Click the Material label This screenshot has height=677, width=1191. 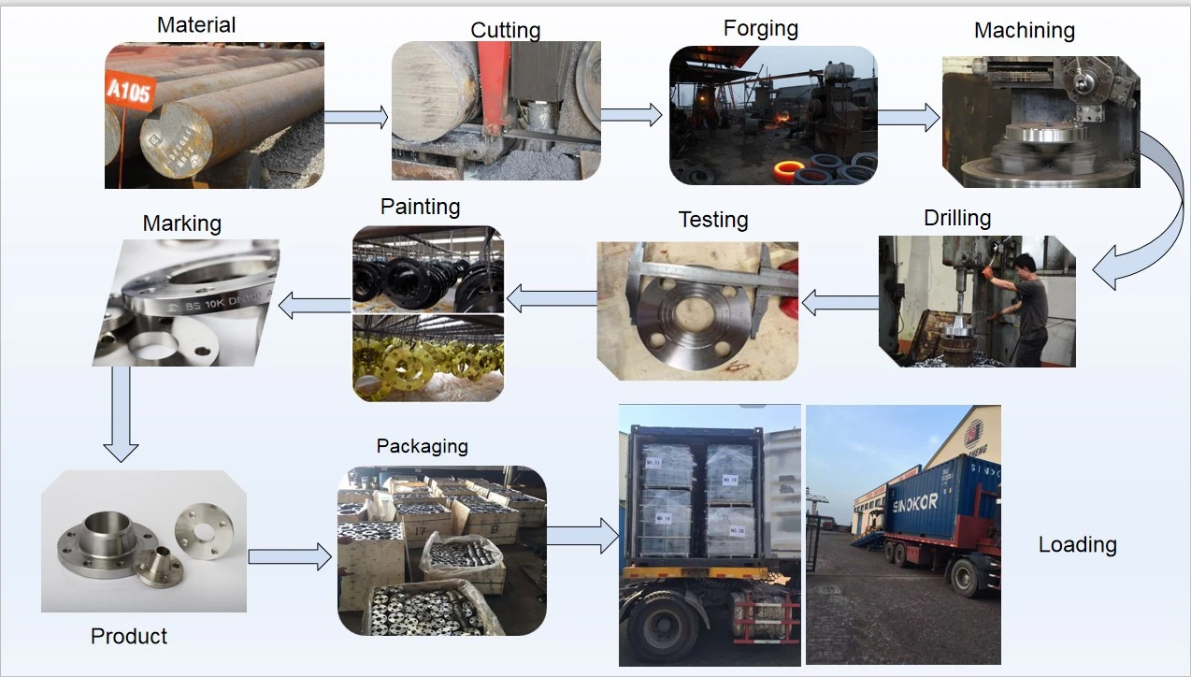click(x=196, y=24)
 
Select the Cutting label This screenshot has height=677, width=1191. click(x=506, y=30)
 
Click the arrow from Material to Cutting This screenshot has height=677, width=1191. click(x=355, y=117)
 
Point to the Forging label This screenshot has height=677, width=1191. click(x=761, y=28)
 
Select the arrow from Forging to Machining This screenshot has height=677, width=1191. click(x=909, y=117)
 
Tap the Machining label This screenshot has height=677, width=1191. click(x=1025, y=30)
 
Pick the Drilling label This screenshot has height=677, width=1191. click(x=957, y=218)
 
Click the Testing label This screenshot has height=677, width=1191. click(x=713, y=220)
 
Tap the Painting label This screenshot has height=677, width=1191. click(x=421, y=206)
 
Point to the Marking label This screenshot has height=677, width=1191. click(x=182, y=223)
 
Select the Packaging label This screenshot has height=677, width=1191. click(x=423, y=446)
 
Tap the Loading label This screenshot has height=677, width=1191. click(x=1078, y=544)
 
